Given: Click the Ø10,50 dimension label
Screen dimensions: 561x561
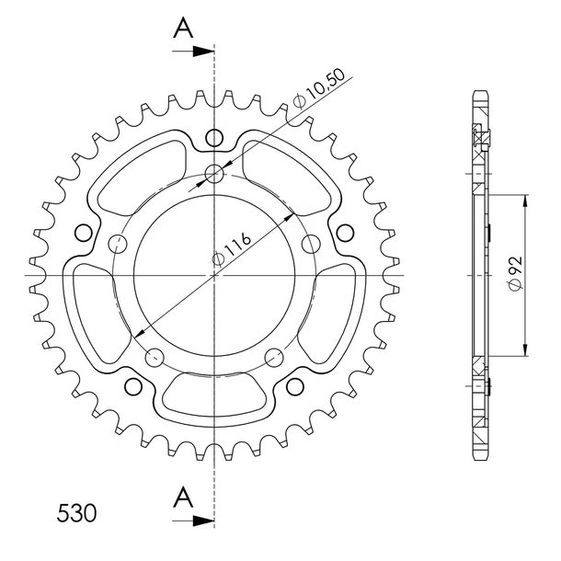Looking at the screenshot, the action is pyautogui.click(x=319, y=87).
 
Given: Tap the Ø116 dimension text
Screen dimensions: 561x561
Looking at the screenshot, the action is pyautogui.click(x=232, y=249).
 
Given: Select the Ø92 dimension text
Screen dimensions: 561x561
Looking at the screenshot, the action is pyautogui.click(x=515, y=273).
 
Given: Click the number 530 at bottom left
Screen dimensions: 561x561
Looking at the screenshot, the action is pyautogui.click(x=76, y=513).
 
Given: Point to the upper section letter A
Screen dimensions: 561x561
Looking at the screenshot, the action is pyautogui.click(x=183, y=28).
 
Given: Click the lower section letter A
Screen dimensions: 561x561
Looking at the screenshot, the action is pyautogui.click(x=183, y=497).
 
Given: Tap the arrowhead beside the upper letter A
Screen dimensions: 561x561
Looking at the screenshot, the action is pyautogui.click(x=203, y=52).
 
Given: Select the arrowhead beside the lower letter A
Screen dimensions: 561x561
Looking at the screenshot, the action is pyautogui.click(x=203, y=521).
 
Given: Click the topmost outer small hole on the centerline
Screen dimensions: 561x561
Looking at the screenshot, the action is pyautogui.click(x=214, y=137).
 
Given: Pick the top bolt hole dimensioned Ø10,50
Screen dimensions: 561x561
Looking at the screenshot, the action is pyautogui.click(x=214, y=174).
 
